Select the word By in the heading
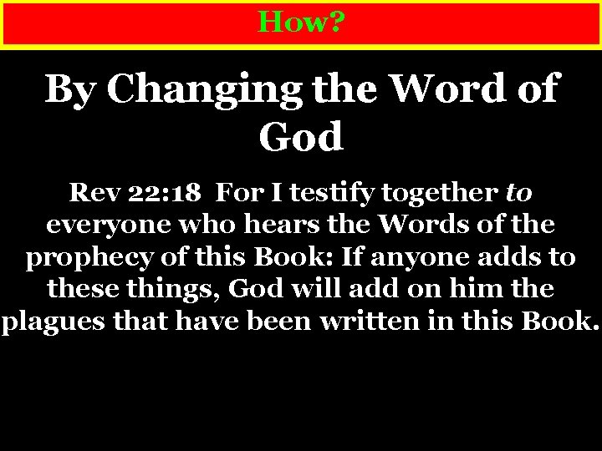tap(69, 89)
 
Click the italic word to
tap(518, 194)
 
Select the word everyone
tap(99, 225)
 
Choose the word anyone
tap(435, 256)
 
